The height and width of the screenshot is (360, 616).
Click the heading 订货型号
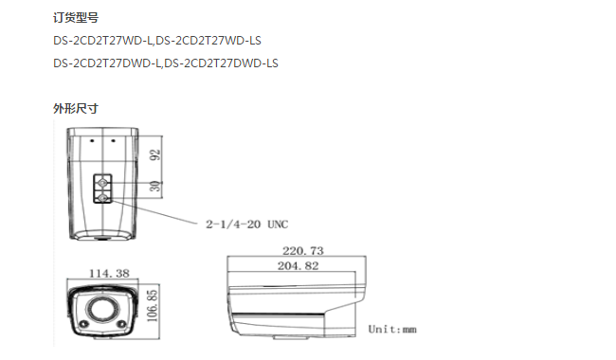tap(76, 18)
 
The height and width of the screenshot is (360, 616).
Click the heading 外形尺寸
tap(76, 108)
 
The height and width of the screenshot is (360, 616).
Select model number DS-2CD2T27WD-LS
tap(208, 41)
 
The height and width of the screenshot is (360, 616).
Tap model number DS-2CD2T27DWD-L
tap(107, 63)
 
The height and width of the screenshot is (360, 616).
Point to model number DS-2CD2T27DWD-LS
tap(221, 63)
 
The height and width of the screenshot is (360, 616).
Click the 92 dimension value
tap(156, 154)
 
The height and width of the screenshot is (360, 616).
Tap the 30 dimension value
tap(156, 186)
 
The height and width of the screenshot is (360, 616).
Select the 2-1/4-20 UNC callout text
tap(247, 225)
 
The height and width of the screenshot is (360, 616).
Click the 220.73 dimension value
tap(303, 250)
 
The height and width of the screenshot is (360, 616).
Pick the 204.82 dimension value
tap(299, 266)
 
